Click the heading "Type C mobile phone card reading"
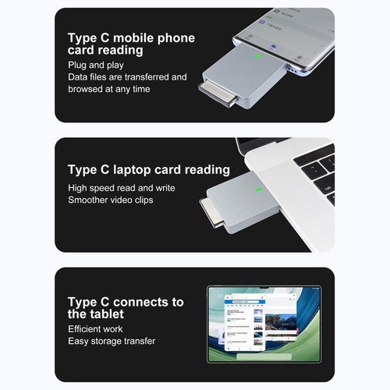(x=130, y=44)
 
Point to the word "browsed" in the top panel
(x=88, y=90)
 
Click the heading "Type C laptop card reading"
(x=148, y=169)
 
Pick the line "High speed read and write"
(x=121, y=188)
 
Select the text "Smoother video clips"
(x=112, y=200)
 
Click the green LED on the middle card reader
(x=257, y=187)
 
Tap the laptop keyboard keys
(x=320, y=168)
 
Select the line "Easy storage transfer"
(x=111, y=341)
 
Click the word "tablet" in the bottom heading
(x=105, y=314)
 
